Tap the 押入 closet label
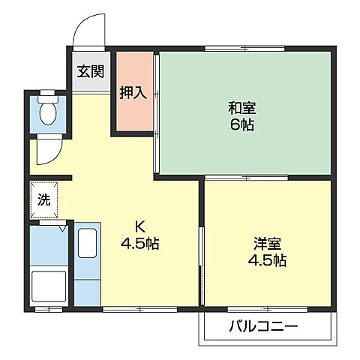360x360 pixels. pyautogui.click(x=133, y=93)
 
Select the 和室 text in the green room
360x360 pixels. pyautogui.click(x=242, y=107)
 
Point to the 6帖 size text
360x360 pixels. pyautogui.click(x=242, y=124)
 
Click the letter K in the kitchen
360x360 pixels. pyautogui.click(x=139, y=226)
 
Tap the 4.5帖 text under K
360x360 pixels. pyautogui.click(x=139, y=244)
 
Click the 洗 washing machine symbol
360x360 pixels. pyautogui.click(x=44, y=200)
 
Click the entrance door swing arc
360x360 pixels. pyautogui.click(x=88, y=30)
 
